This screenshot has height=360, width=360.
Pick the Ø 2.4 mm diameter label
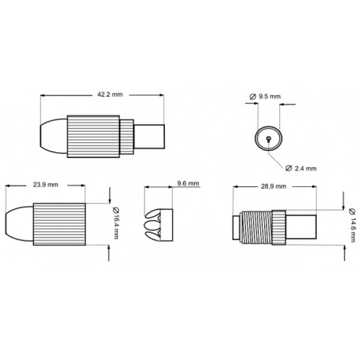point(301,168)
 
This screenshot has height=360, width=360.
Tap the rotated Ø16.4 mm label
point(116,217)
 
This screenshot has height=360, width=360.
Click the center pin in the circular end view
point(269,138)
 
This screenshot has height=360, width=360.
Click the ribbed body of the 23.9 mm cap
point(61,222)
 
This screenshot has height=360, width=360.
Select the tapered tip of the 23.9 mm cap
point(19,222)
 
